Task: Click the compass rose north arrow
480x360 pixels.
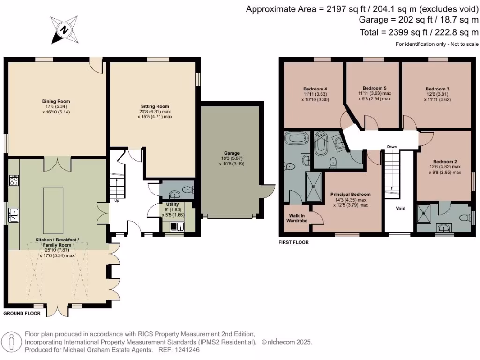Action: click(x=64, y=30)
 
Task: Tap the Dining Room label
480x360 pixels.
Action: click(x=56, y=101)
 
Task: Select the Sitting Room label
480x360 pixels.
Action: click(x=155, y=106)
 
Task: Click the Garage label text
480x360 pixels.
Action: click(x=232, y=153)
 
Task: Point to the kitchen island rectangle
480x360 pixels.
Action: click(x=53, y=210)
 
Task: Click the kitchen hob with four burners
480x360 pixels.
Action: click(x=14, y=180)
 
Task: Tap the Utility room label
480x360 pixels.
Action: click(x=172, y=204)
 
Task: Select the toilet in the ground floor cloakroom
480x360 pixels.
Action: click(x=187, y=190)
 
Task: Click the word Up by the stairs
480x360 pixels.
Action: click(x=117, y=201)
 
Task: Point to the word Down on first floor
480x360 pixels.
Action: click(x=392, y=147)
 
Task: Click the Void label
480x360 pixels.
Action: click(x=400, y=209)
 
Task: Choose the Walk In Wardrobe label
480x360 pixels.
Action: click(x=297, y=218)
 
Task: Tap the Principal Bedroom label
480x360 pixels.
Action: click(x=351, y=195)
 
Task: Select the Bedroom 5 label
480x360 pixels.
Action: click(x=375, y=88)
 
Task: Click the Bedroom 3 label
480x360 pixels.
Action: click(x=437, y=89)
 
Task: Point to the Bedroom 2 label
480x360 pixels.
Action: click(x=445, y=162)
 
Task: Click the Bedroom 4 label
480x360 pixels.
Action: click(x=315, y=89)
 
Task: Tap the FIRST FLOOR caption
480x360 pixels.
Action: click(x=293, y=242)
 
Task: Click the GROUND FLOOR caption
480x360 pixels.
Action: click(x=22, y=314)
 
